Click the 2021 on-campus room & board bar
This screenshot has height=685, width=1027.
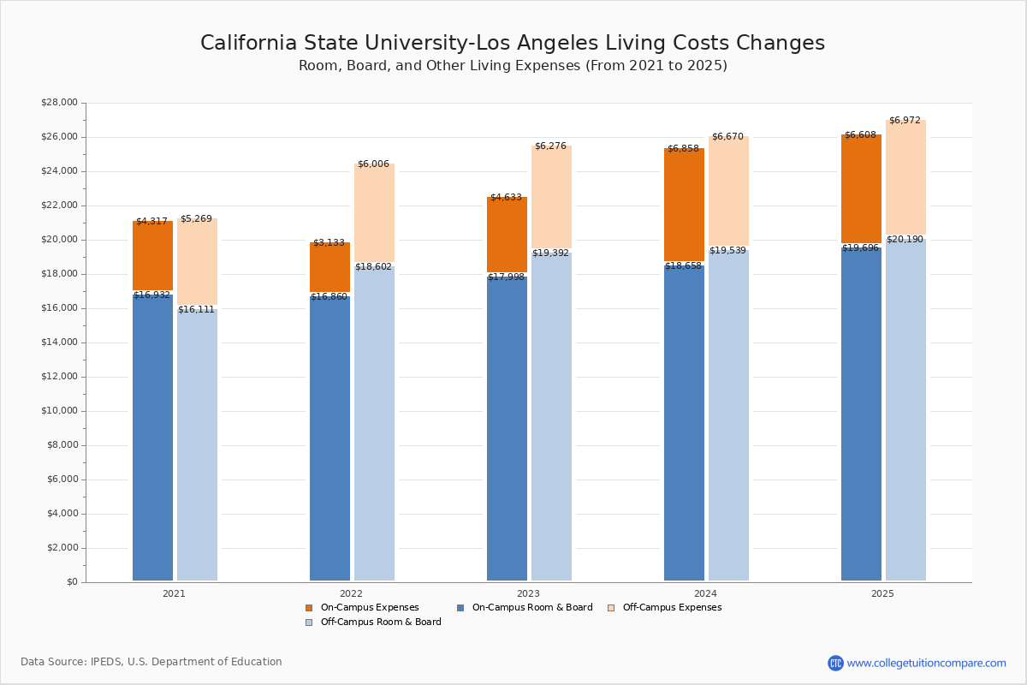(x=152, y=437)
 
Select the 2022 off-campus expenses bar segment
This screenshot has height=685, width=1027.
(x=374, y=214)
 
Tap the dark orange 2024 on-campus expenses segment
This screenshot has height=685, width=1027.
(x=684, y=205)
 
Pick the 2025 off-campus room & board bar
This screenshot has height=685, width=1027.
(x=905, y=411)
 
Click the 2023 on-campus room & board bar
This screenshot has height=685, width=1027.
(x=507, y=428)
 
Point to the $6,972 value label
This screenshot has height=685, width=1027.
(x=905, y=121)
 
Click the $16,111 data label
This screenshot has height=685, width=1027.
(x=197, y=310)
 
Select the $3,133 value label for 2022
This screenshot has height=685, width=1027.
(x=329, y=243)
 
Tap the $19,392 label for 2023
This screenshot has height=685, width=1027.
(x=550, y=253)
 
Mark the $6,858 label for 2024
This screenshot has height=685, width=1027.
(x=683, y=149)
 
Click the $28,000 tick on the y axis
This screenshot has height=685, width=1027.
(x=59, y=103)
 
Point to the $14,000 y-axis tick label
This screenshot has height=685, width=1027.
(x=59, y=342)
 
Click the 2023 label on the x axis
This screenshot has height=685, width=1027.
(x=528, y=593)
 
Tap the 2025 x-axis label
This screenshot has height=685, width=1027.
(x=882, y=593)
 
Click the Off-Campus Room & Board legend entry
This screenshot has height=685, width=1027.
(x=380, y=622)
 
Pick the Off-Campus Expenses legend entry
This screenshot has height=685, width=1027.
(x=671, y=608)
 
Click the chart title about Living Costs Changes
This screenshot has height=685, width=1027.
(x=513, y=44)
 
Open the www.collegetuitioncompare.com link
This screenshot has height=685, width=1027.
(x=926, y=663)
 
